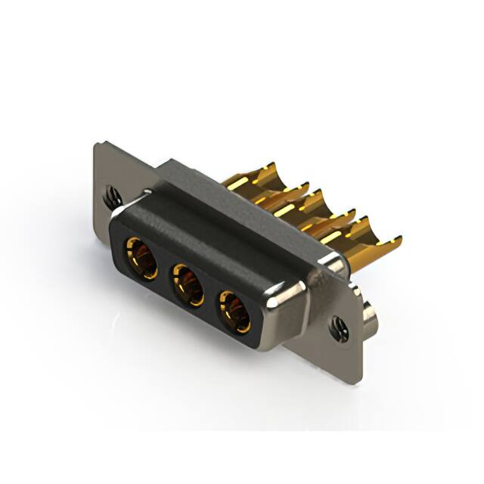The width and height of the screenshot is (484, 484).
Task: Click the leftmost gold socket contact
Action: tap(141, 259)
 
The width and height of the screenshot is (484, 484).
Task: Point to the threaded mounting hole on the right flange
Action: tap(336, 327)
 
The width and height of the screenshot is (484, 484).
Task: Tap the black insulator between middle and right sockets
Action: tap(212, 299)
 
